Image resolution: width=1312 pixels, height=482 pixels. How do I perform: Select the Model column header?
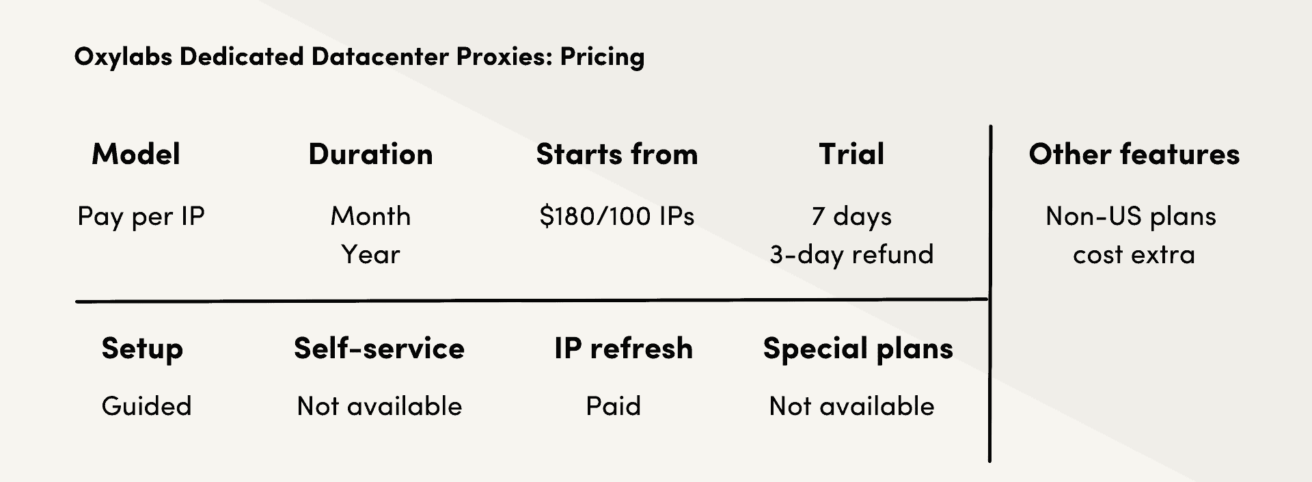click(x=136, y=155)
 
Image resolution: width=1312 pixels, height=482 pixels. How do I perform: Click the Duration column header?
click(x=370, y=155)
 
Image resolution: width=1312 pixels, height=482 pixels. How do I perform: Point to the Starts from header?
click(x=617, y=155)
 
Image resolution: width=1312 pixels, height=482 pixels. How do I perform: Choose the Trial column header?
click(x=851, y=155)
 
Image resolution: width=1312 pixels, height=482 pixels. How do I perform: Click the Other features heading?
click(x=1134, y=155)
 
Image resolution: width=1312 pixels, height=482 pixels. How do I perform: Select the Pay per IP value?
click(x=141, y=217)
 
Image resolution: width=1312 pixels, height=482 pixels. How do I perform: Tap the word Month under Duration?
click(x=371, y=216)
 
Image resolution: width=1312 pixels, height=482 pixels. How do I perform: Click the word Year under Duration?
click(x=370, y=254)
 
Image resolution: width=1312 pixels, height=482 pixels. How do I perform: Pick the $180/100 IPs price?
click(x=617, y=216)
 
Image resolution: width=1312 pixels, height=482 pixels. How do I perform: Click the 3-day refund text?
click(x=851, y=255)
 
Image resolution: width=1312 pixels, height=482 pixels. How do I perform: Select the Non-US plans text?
click(x=1131, y=217)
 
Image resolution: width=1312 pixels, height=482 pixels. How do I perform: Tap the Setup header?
click(x=142, y=349)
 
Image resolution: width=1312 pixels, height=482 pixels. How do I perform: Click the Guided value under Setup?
click(x=146, y=406)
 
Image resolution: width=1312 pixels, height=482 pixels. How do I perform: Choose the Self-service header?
click(x=379, y=349)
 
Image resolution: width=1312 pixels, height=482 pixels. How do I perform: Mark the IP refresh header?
click(x=623, y=349)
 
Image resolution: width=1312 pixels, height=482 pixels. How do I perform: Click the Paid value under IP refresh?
click(x=614, y=406)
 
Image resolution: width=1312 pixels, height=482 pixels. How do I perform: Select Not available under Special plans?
click(x=851, y=406)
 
